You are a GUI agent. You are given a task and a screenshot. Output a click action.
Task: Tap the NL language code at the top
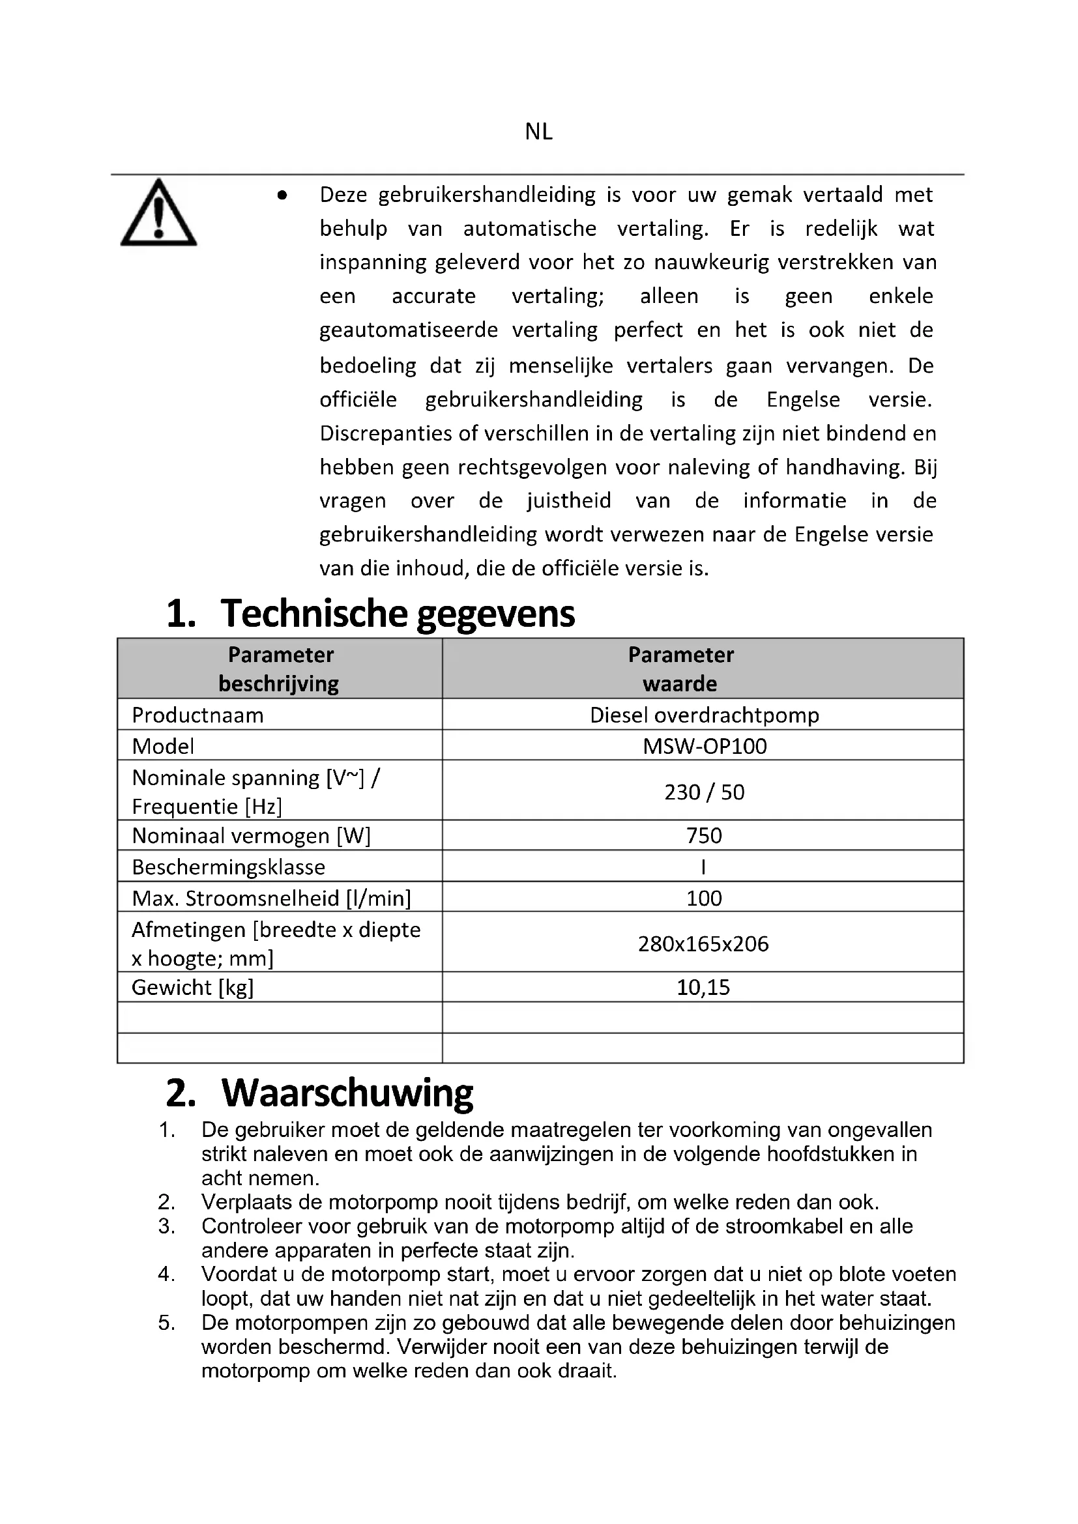(538, 132)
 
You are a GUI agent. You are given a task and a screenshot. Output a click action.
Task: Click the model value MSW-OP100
(705, 746)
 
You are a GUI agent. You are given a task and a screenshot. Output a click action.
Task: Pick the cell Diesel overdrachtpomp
(705, 715)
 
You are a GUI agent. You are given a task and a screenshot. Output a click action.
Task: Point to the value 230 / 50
(705, 792)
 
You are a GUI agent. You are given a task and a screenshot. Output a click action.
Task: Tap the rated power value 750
(704, 835)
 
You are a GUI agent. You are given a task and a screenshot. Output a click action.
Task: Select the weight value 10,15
(703, 987)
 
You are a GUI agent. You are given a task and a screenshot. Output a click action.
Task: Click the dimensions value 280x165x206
(703, 943)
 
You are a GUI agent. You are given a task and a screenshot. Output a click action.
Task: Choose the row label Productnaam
(198, 715)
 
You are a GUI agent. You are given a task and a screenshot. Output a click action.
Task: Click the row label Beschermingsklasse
(228, 867)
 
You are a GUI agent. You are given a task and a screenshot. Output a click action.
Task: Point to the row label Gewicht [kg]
(192, 987)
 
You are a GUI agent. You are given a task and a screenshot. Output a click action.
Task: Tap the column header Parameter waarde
(680, 669)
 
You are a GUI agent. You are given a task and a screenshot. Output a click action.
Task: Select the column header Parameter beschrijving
(280, 669)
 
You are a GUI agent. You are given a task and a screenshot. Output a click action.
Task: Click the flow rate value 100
(704, 898)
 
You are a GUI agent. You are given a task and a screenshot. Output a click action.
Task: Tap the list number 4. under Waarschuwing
(167, 1274)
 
